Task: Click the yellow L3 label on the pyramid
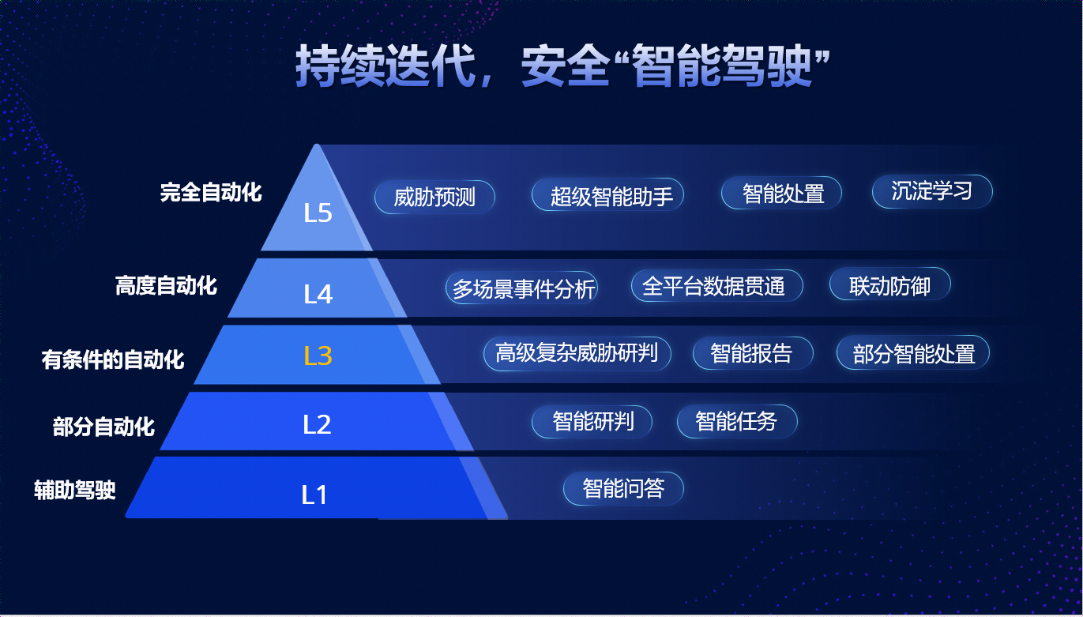pos(318,356)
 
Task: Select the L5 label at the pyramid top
pos(318,213)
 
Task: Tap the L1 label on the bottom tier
pos(314,495)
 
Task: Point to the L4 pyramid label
pos(318,294)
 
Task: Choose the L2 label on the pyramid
pos(318,424)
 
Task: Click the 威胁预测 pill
pos(434,197)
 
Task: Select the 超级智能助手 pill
pos(607,195)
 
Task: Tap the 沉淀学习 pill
pos(932,191)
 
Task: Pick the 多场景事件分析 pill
pos(521,288)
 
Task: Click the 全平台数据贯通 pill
pos(717,286)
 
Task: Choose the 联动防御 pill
pos(890,284)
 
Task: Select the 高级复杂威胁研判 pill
pos(577,353)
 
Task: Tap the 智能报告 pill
pos(753,353)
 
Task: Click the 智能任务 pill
pos(737,422)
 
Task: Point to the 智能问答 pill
pos(624,488)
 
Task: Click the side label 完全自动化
pos(211,192)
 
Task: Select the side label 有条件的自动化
pos(113,359)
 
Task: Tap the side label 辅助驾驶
pos(75,490)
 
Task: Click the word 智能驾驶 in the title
pos(722,66)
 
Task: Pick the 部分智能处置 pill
pos(913,352)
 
